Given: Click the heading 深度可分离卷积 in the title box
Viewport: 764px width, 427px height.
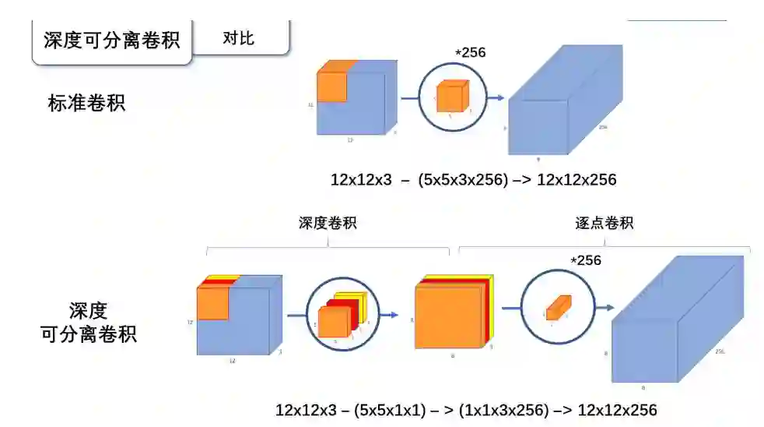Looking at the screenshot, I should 111,39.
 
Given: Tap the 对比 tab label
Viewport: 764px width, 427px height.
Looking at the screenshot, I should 238,37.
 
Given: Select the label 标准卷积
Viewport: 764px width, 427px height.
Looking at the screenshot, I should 86,103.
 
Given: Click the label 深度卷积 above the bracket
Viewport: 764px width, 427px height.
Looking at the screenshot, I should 328,223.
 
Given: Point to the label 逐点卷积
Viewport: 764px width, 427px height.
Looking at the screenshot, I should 604,223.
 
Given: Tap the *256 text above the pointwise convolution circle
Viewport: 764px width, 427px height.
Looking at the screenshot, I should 586,260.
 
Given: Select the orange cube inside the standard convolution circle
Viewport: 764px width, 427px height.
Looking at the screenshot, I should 451,97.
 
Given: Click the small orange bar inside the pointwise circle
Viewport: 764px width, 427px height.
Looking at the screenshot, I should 559,308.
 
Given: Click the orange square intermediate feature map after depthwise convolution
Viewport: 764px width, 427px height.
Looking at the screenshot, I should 450,315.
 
